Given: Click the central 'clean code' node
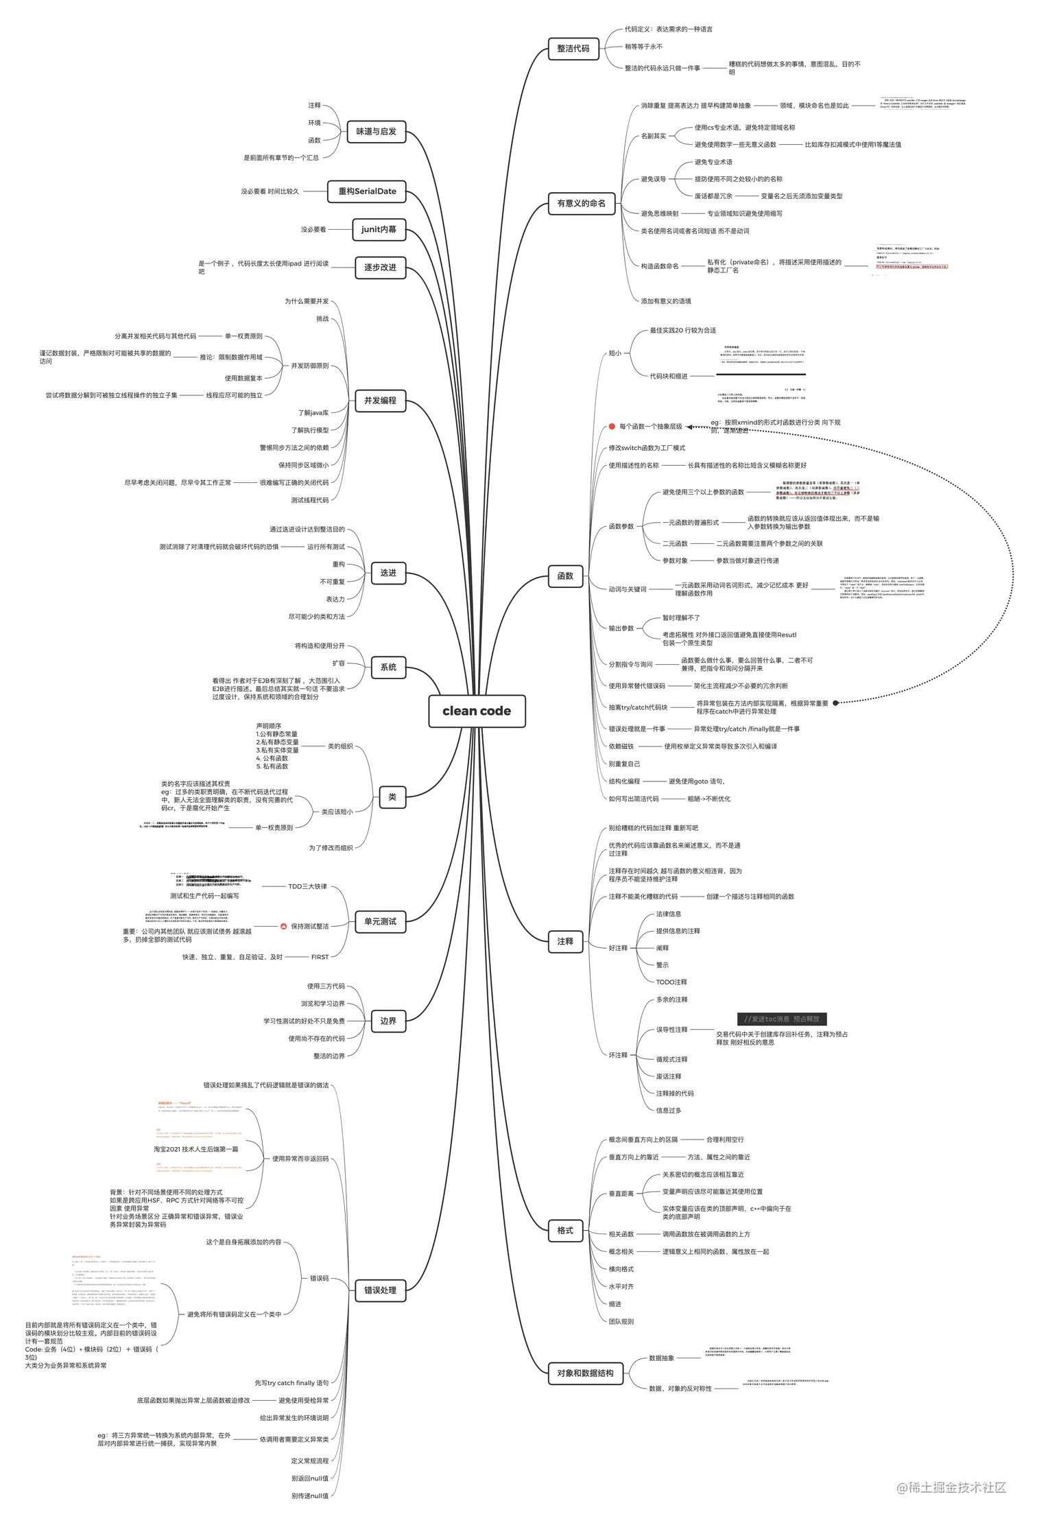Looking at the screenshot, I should click(477, 711).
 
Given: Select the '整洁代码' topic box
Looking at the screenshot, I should click(573, 49).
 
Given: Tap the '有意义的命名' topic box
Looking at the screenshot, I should click(581, 203).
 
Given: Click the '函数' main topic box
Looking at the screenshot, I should click(565, 576).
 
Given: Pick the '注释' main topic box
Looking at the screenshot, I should click(565, 941).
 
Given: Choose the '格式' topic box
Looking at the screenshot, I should click(565, 1231).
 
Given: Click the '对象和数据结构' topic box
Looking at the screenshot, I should click(585, 1373).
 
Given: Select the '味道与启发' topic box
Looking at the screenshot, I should click(376, 131).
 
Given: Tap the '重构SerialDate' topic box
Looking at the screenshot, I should click(367, 191).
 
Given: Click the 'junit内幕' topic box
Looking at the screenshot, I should click(379, 229).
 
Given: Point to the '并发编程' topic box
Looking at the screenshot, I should click(380, 400).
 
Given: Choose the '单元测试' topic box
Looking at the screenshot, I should click(380, 921).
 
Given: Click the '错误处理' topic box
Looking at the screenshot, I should click(380, 1290).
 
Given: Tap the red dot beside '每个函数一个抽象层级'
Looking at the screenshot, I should click(612, 427).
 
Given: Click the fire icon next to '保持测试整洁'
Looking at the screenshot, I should click(283, 926).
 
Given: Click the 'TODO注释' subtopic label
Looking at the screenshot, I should click(671, 982).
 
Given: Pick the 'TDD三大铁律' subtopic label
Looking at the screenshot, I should click(307, 886).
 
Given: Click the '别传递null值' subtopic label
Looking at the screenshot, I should click(309, 1496).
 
